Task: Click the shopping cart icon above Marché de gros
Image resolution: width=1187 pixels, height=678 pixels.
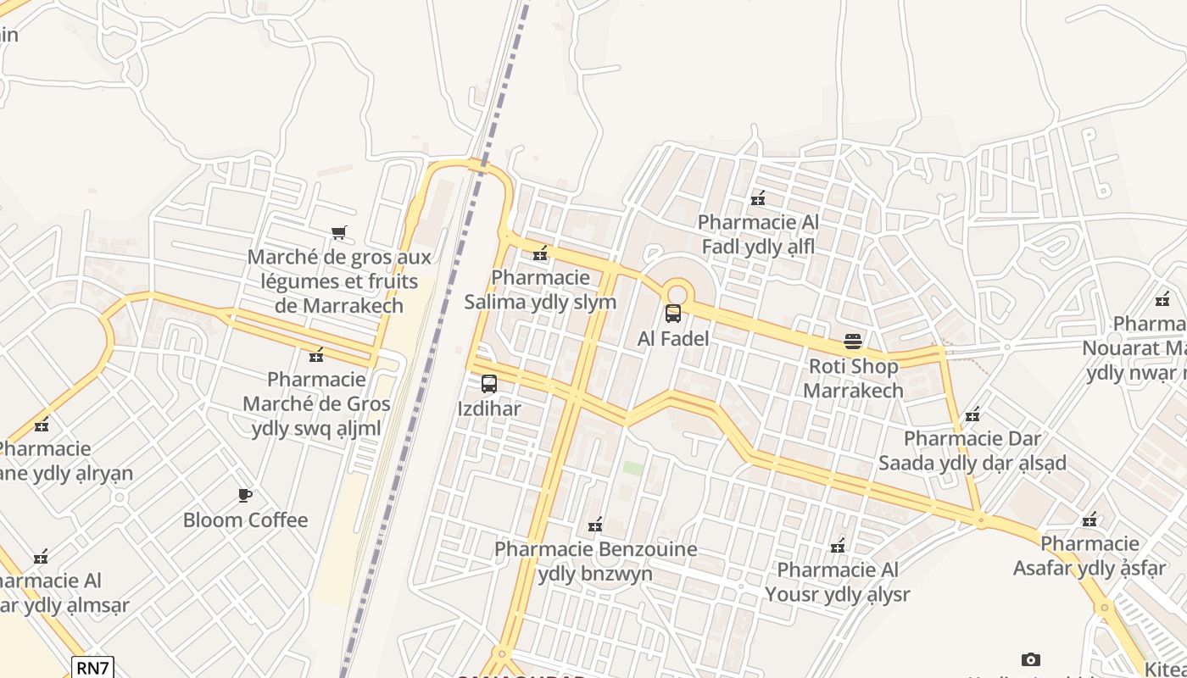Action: (338, 232)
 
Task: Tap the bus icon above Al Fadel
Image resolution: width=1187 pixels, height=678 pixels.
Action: (673, 314)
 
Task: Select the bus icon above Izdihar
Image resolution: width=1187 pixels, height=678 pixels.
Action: (489, 384)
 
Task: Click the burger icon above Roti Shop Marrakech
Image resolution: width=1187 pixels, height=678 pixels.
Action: (853, 342)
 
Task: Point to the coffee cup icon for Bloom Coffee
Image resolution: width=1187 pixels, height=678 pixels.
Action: (245, 495)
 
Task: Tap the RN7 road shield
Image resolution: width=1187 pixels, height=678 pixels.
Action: (92, 667)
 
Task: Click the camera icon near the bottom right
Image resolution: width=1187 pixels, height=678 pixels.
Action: (1031, 659)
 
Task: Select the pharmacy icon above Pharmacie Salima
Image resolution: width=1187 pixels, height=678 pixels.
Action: (540, 253)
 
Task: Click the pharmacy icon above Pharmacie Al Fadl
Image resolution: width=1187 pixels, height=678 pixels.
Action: (758, 198)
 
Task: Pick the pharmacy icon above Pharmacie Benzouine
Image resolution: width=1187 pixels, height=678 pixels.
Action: (595, 525)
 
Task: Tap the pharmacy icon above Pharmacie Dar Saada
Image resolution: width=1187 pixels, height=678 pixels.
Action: (972, 414)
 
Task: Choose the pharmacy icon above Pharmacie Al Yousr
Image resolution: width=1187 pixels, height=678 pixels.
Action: (838, 545)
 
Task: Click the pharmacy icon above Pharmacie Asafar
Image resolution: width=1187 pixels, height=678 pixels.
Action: (1089, 519)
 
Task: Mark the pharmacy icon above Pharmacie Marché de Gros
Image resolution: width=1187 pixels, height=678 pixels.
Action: (316, 354)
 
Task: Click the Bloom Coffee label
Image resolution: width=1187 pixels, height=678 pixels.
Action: (245, 520)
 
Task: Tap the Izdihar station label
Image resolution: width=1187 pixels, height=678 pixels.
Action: (489, 408)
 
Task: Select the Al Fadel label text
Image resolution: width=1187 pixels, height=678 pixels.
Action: (673, 338)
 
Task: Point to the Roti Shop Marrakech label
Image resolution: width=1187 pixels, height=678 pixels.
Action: (853, 379)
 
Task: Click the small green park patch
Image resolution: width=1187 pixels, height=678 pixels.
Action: (633, 468)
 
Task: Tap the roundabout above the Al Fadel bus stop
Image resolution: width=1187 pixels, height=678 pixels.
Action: (676, 290)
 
